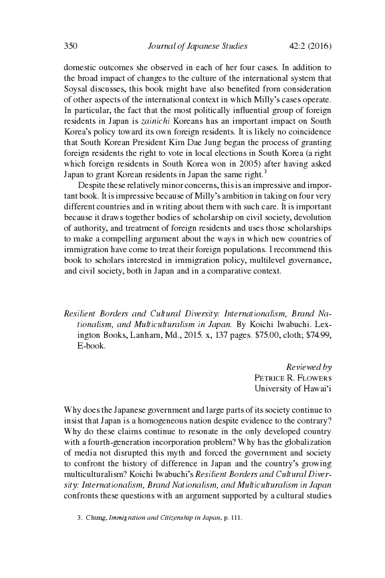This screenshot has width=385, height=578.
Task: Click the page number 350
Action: (71, 46)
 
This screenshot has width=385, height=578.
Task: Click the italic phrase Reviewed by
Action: (309, 367)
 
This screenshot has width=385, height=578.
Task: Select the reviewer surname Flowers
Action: (312, 377)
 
